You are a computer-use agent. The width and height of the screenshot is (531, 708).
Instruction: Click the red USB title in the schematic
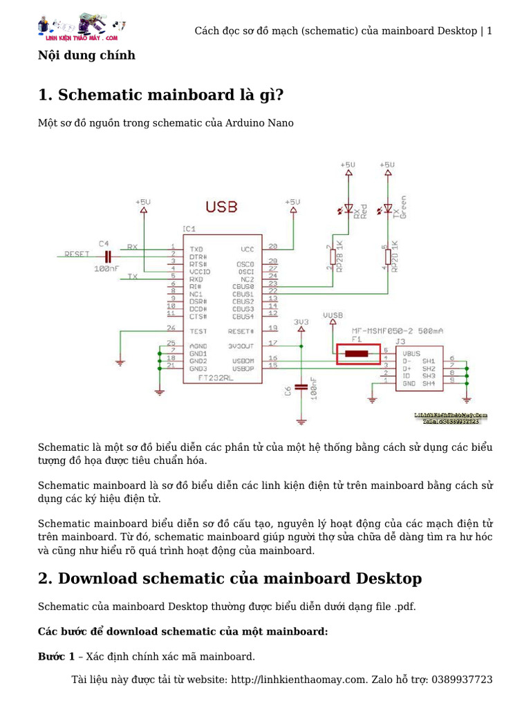pyautogui.click(x=221, y=207)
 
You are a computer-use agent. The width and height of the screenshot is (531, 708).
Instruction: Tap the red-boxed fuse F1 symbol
pyautogui.click(x=357, y=354)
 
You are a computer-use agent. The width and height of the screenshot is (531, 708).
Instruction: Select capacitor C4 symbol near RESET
pyautogui.click(x=106, y=256)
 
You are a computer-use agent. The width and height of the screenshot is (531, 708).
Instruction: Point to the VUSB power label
pyautogui.click(x=333, y=315)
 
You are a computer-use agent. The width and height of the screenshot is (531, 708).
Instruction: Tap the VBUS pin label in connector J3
pyautogui.click(x=411, y=352)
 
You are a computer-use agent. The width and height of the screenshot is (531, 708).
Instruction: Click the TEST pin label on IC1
pyautogui.click(x=198, y=330)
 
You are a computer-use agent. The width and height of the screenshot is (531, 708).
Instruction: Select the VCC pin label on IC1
pyautogui.click(x=247, y=248)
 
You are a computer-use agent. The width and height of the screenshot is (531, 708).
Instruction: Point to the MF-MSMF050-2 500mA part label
pyautogui.click(x=397, y=331)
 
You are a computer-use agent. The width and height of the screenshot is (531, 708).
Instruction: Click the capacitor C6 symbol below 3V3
pyautogui.click(x=301, y=387)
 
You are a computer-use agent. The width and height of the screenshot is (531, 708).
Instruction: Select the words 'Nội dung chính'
pyautogui.click(x=86, y=55)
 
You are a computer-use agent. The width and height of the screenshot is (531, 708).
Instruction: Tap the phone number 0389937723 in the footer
pyautogui.click(x=462, y=680)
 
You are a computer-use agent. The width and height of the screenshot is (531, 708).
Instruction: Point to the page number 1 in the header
pyautogui.click(x=490, y=30)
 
